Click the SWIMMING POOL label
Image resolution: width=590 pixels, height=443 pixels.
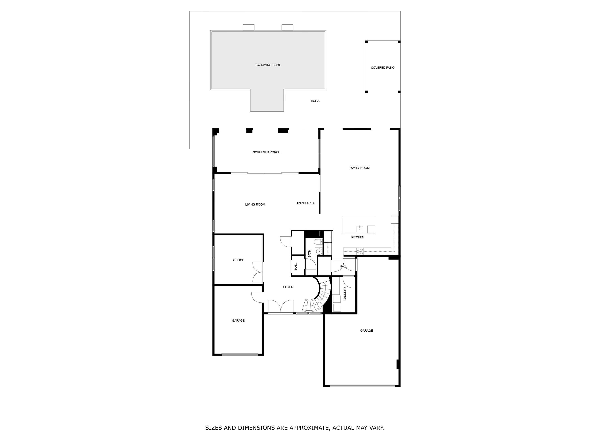pyautogui.click(x=268, y=65)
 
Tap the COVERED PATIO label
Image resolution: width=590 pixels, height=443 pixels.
pyautogui.click(x=383, y=68)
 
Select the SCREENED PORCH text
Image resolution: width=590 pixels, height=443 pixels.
pyautogui.click(x=266, y=152)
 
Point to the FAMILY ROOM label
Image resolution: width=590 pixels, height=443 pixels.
pyautogui.click(x=359, y=168)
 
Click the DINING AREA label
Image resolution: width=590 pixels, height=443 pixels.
pyautogui.click(x=305, y=203)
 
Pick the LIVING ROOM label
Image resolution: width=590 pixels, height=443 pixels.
pyautogui.click(x=255, y=205)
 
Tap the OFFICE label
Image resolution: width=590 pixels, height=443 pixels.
pyautogui.click(x=238, y=260)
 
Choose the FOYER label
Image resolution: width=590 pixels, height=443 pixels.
pyautogui.click(x=288, y=287)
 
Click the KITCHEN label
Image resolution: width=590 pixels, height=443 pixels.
pyautogui.click(x=357, y=237)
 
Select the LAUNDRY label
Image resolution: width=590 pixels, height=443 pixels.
pyautogui.click(x=345, y=294)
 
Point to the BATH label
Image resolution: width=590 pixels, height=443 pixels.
pyautogui.click(x=309, y=253)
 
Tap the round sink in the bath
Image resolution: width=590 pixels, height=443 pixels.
pyautogui.click(x=319, y=251)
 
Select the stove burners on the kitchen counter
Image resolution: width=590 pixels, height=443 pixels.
pyautogui.click(x=360, y=251)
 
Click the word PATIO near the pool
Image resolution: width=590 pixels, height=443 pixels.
pyautogui.click(x=315, y=101)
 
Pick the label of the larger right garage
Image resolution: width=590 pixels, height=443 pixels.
pyautogui.click(x=366, y=331)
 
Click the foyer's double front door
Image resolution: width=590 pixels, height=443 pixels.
pyautogui.click(x=281, y=306)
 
